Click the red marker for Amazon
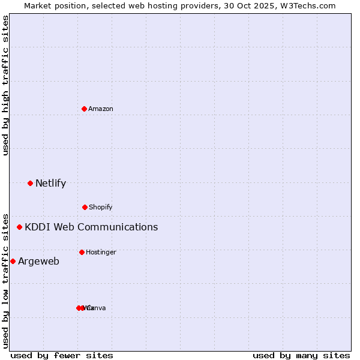pos(84,109)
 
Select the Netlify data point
pos(30,183)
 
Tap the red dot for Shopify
pos(85,207)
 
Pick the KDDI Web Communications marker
pos(19,227)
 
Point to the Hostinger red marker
pos(82,252)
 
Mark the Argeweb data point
pos(13,261)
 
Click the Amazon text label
pos(101,109)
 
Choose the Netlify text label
pos(50,183)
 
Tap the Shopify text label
pos(101,207)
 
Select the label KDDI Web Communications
pos(91,227)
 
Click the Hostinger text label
pos(101,252)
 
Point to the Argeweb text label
pos(38,261)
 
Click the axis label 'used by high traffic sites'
pos(5,85)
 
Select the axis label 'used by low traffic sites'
pos(5,280)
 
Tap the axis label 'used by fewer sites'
pos(62,355)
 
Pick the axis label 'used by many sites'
pos(301,355)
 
